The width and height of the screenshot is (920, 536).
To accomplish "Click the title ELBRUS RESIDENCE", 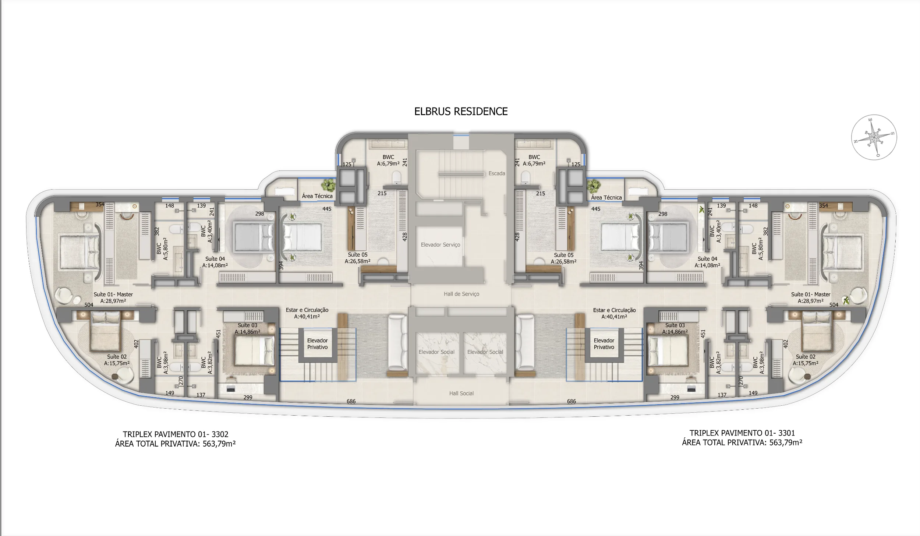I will coord(461,112).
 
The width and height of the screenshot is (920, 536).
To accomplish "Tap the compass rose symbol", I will coord(874,137).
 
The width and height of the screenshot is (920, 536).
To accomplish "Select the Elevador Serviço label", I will coord(440,245).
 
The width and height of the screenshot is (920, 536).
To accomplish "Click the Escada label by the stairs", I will coord(496,173).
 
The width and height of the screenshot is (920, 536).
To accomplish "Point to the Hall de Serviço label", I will coord(461,294).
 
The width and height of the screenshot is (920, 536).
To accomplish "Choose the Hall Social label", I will coord(461,393).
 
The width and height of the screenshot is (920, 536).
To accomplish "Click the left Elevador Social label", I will coord(436,352).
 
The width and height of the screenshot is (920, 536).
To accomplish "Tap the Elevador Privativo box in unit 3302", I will coord(317,344).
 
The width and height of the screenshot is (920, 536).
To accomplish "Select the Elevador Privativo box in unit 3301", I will coord(604,344).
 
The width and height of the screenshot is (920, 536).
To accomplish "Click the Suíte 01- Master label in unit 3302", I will coord(113,295).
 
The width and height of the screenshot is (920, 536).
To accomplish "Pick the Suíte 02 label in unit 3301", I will coord(806,357).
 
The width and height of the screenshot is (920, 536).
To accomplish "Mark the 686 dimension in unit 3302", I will coord(351,401).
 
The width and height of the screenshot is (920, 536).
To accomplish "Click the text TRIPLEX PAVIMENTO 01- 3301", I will coord(742,433).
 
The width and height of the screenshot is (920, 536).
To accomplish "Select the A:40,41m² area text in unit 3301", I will coord(614,317).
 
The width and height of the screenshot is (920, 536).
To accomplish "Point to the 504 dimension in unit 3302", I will coord(89,305).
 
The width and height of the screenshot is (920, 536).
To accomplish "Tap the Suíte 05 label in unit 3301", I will coord(563,255).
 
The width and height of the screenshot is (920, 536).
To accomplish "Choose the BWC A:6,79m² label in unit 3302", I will coord(388,161).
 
